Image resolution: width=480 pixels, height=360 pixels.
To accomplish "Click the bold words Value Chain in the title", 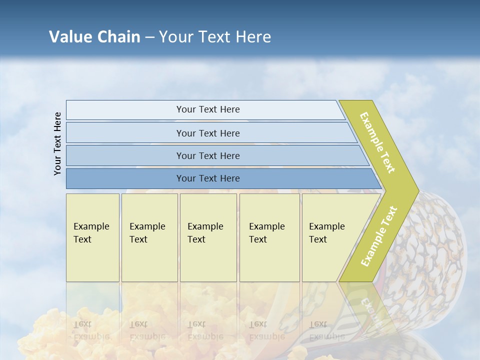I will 94,37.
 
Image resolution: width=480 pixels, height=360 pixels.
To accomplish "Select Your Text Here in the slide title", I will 215,37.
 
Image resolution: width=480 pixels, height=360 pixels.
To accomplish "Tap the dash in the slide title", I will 149,37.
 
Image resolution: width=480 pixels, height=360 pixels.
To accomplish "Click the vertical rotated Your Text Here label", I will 57,143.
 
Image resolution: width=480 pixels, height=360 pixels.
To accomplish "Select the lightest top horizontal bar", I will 207,109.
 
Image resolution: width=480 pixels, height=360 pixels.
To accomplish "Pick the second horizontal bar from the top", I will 207,133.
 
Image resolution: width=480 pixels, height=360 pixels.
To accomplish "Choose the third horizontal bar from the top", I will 207,155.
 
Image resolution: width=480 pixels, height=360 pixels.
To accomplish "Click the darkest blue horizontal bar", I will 207,178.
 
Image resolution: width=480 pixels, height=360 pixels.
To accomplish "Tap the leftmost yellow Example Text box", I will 92,237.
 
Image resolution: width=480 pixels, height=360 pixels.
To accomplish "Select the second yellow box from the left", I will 149,237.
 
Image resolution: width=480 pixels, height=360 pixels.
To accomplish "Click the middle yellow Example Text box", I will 208,237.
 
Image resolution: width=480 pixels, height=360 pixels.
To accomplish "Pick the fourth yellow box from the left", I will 269,237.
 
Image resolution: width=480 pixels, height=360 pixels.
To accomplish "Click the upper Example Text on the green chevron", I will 377,142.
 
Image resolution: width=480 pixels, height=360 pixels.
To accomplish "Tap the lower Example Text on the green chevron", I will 378,236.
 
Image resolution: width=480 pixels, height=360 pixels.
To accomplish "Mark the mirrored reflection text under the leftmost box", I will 91,330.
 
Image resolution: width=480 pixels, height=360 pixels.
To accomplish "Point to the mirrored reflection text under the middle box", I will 205,330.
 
